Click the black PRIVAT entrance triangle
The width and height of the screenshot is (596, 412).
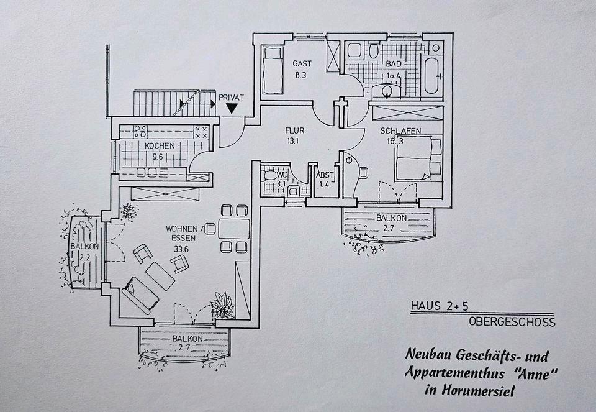coord(232,108)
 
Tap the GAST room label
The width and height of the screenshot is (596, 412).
coord(303,63)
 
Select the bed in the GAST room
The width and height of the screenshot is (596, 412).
coord(271,68)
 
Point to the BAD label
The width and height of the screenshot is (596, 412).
coord(394,64)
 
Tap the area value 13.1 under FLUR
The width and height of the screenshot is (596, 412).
coord(293,140)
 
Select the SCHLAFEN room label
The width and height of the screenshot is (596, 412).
coord(401,131)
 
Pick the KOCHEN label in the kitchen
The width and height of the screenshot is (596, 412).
coord(160,146)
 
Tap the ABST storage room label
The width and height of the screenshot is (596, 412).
coord(325,175)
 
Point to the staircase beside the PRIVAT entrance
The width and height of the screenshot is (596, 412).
coord(168,103)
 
